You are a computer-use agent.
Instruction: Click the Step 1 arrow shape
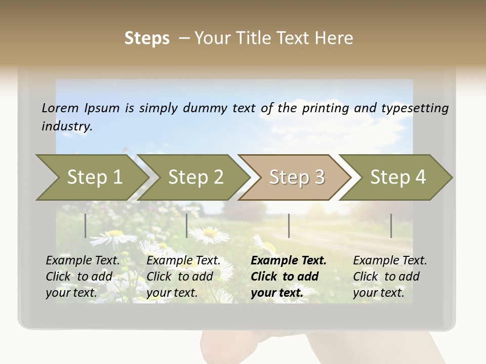pyautogui.click(x=94, y=177)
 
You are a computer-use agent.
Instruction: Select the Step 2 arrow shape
pyautogui.click(x=195, y=177)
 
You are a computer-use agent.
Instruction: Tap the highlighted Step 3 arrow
pyautogui.click(x=297, y=177)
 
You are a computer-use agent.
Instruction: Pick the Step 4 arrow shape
pyautogui.click(x=398, y=177)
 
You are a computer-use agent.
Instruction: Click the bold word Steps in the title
pyautogui.click(x=147, y=38)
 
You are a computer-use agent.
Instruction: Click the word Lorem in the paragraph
pyautogui.click(x=60, y=108)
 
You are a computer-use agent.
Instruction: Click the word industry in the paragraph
pyautogui.click(x=67, y=126)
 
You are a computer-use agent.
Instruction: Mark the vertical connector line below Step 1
pyautogui.click(x=86, y=225)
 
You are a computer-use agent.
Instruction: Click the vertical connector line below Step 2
pyautogui.click(x=187, y=225)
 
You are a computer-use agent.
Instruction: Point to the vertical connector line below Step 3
pyautogui.click(x=289, y=225)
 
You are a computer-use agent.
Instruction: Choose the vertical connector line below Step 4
pyautogui.click(x=391, y=225)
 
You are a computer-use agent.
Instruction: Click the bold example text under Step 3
pyautogui.click(x=288, y=277)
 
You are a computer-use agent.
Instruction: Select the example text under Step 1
pyautogui.click(x=83, y=277)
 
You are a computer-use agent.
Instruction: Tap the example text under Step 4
pyautogui.click(x=389, y=277)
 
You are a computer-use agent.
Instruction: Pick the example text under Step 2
pyautogui.click(x=183, y=277)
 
